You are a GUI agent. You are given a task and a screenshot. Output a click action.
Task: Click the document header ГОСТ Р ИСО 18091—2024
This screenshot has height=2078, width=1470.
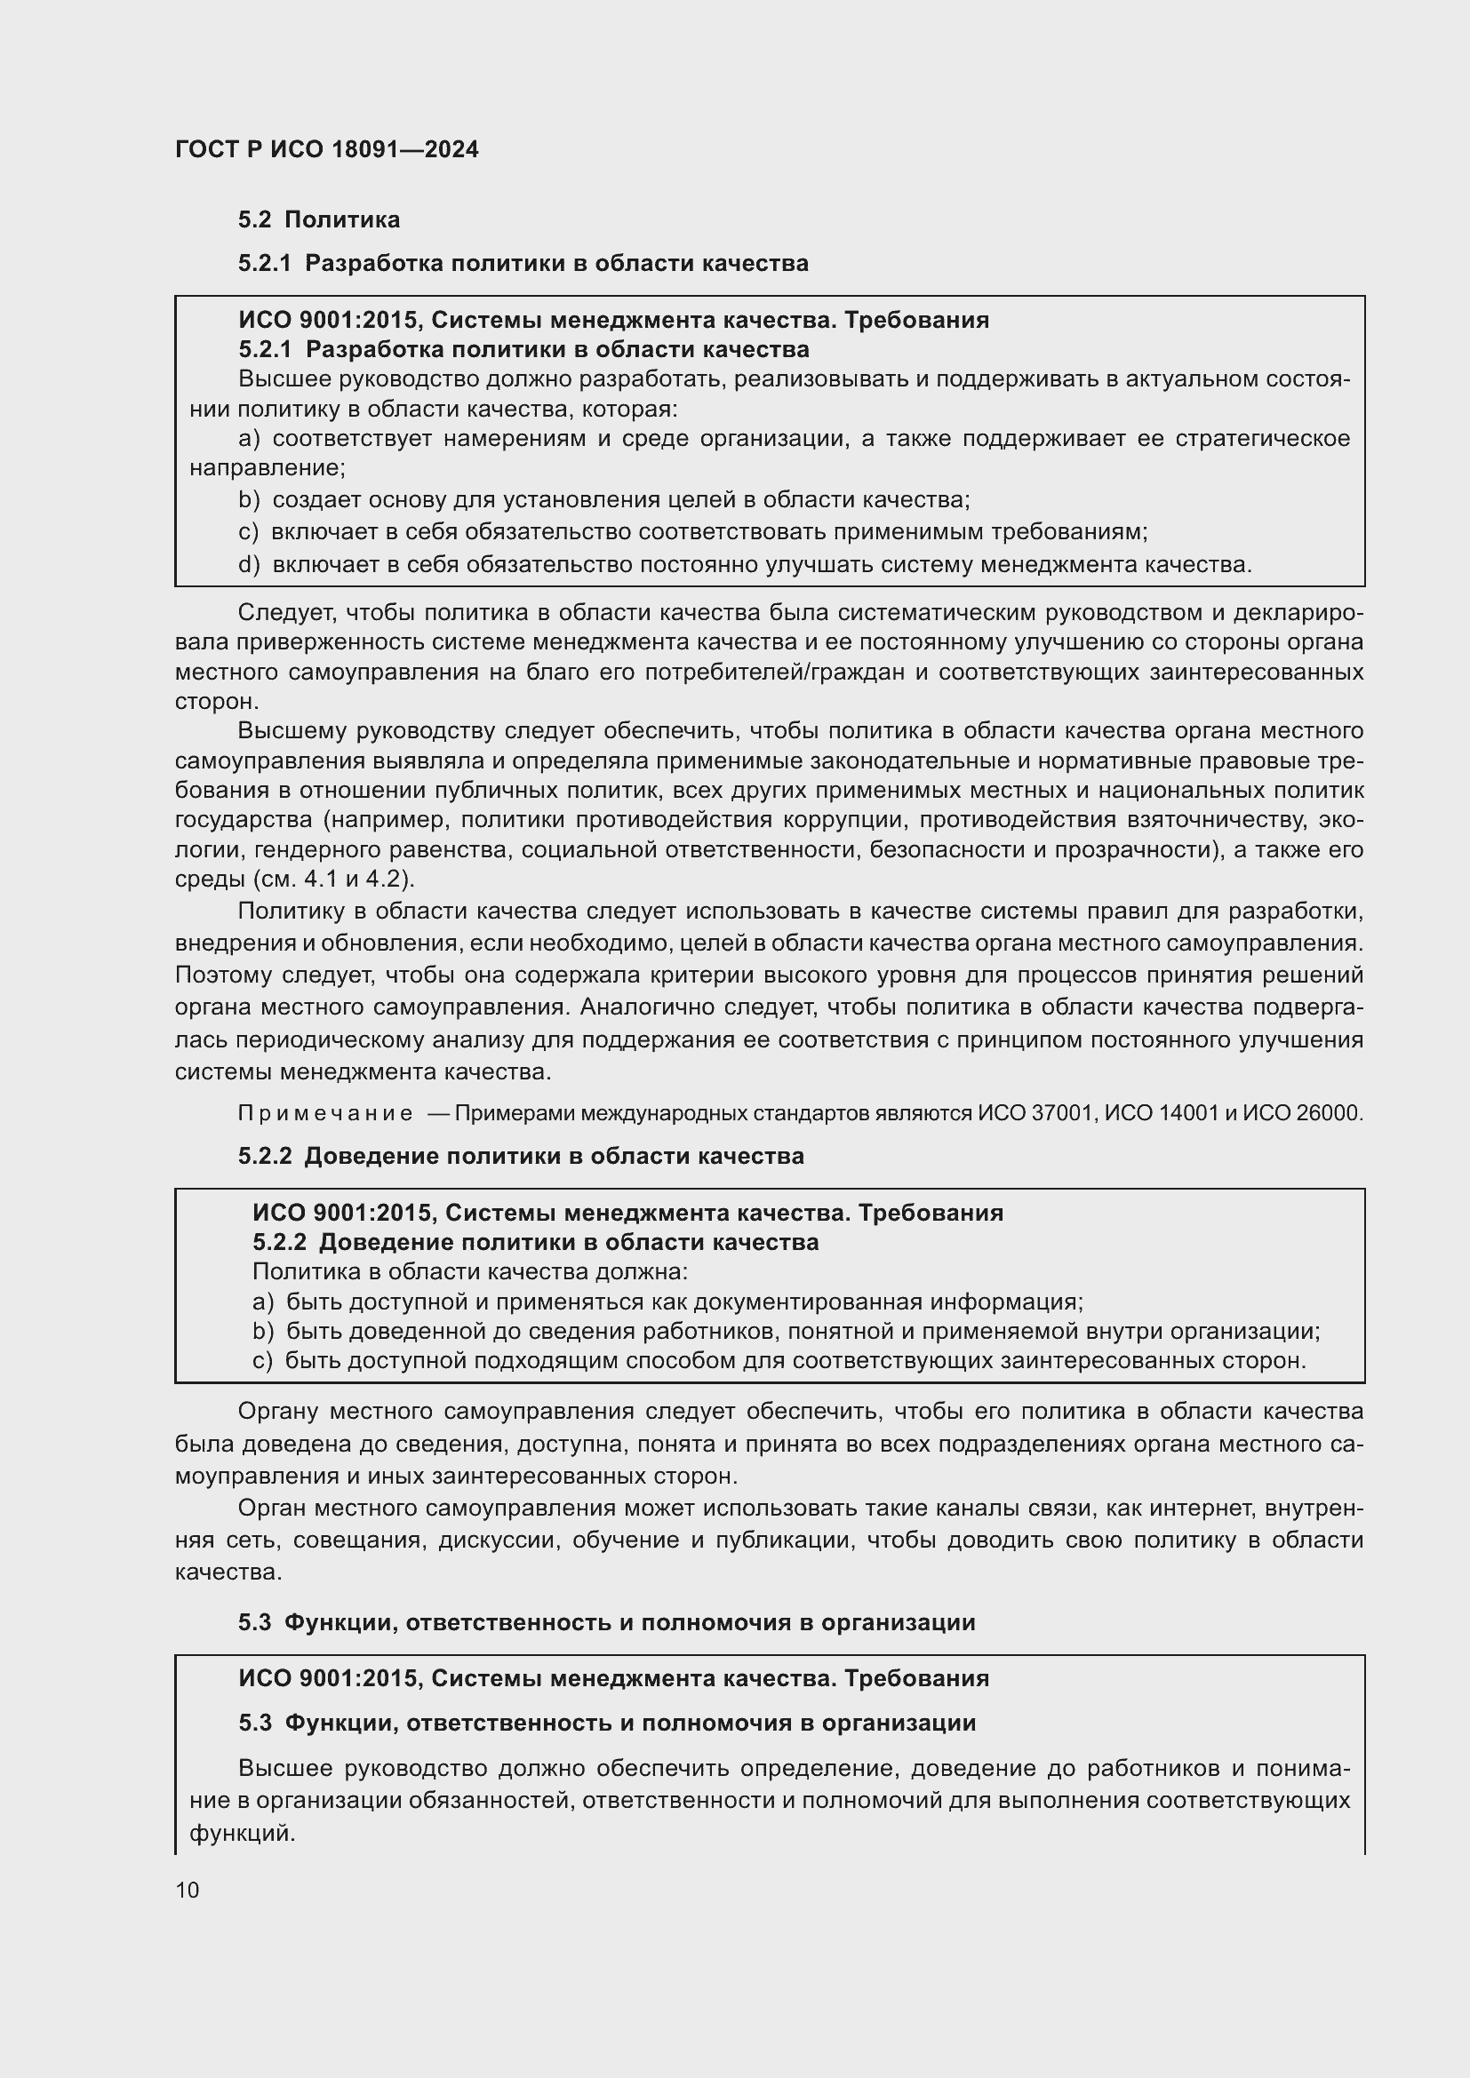pyautogui.click(x=327, y=149)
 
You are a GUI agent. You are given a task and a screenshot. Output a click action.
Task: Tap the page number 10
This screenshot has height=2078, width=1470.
pyautogui.click(x=188, y=1890)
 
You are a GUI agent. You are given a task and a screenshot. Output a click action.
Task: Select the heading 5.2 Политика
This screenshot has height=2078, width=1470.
pyautogui.click(x=319, y=220)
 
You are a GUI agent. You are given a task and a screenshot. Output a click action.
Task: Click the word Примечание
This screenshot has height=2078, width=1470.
pyautogui.click(x=325, y=1113)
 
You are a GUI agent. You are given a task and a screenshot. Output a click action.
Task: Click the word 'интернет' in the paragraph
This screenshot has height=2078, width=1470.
pyautogui.click(x=1203, y=1508)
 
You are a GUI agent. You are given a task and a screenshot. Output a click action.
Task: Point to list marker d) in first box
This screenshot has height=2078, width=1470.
pyautogui.click(x=249, y=565)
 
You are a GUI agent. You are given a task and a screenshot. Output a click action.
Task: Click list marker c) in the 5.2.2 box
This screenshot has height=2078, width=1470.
pyautogui.click(x=261, y=1360)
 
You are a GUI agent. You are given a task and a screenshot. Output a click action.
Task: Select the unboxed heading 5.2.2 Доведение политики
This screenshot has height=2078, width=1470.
pyautogui.click(x=522, y=1156)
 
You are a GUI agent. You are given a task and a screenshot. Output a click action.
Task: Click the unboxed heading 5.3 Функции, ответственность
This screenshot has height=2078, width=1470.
pyautogui.click(x=606, y=1622)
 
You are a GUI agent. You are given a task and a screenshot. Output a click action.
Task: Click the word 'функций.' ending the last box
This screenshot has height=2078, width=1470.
pyautogui.click(x=242, y=1834)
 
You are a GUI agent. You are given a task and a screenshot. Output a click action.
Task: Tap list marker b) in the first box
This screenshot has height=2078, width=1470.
pyautogui.click(x=249, y=499)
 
